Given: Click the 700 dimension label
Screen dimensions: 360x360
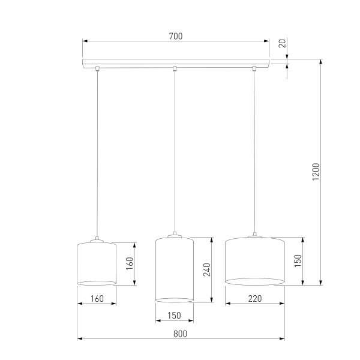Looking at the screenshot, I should click(175, 36).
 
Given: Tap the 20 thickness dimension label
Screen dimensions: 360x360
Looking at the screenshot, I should click(281, 44).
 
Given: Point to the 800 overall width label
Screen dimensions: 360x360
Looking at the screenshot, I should click(181, 334).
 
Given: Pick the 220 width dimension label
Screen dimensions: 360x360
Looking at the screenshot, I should click(254, 298).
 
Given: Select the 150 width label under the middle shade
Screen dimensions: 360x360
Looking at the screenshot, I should click(174, 316).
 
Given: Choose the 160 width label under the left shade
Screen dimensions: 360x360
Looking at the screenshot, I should click(97, 298).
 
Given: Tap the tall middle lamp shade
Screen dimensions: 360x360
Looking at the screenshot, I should click(174, 269).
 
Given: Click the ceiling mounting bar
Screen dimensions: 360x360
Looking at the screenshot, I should click(176, 62).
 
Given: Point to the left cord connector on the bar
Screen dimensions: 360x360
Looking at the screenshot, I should click(98, 68).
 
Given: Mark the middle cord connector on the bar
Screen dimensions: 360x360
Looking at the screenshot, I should click(174, 68).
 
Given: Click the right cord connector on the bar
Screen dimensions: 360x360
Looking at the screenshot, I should click(254, 68).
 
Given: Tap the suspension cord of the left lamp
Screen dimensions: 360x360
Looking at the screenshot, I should click(97, 150).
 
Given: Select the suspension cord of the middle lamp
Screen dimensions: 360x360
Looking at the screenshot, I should click(174, 150).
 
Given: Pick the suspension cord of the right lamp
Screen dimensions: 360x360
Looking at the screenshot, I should click(254, 150).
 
